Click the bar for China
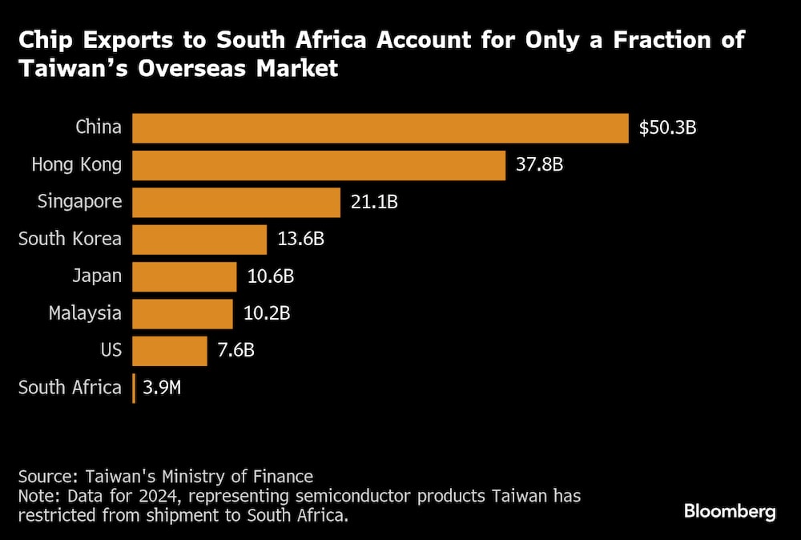tap(380, 128)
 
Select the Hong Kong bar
tap(319, 165)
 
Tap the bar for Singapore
tap(236, 202)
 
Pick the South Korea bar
tap(199, 239)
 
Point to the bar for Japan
tap(184, 276)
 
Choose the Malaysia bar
tap(183, 313)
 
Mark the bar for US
tap(170, 350)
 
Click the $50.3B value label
tap(667, 128)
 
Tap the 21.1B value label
tap(374, 202)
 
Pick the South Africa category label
tap(70, 388)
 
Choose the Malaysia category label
tap(85, 313)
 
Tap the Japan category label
tap(96, 276)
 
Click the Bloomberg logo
tap(730, 511)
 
